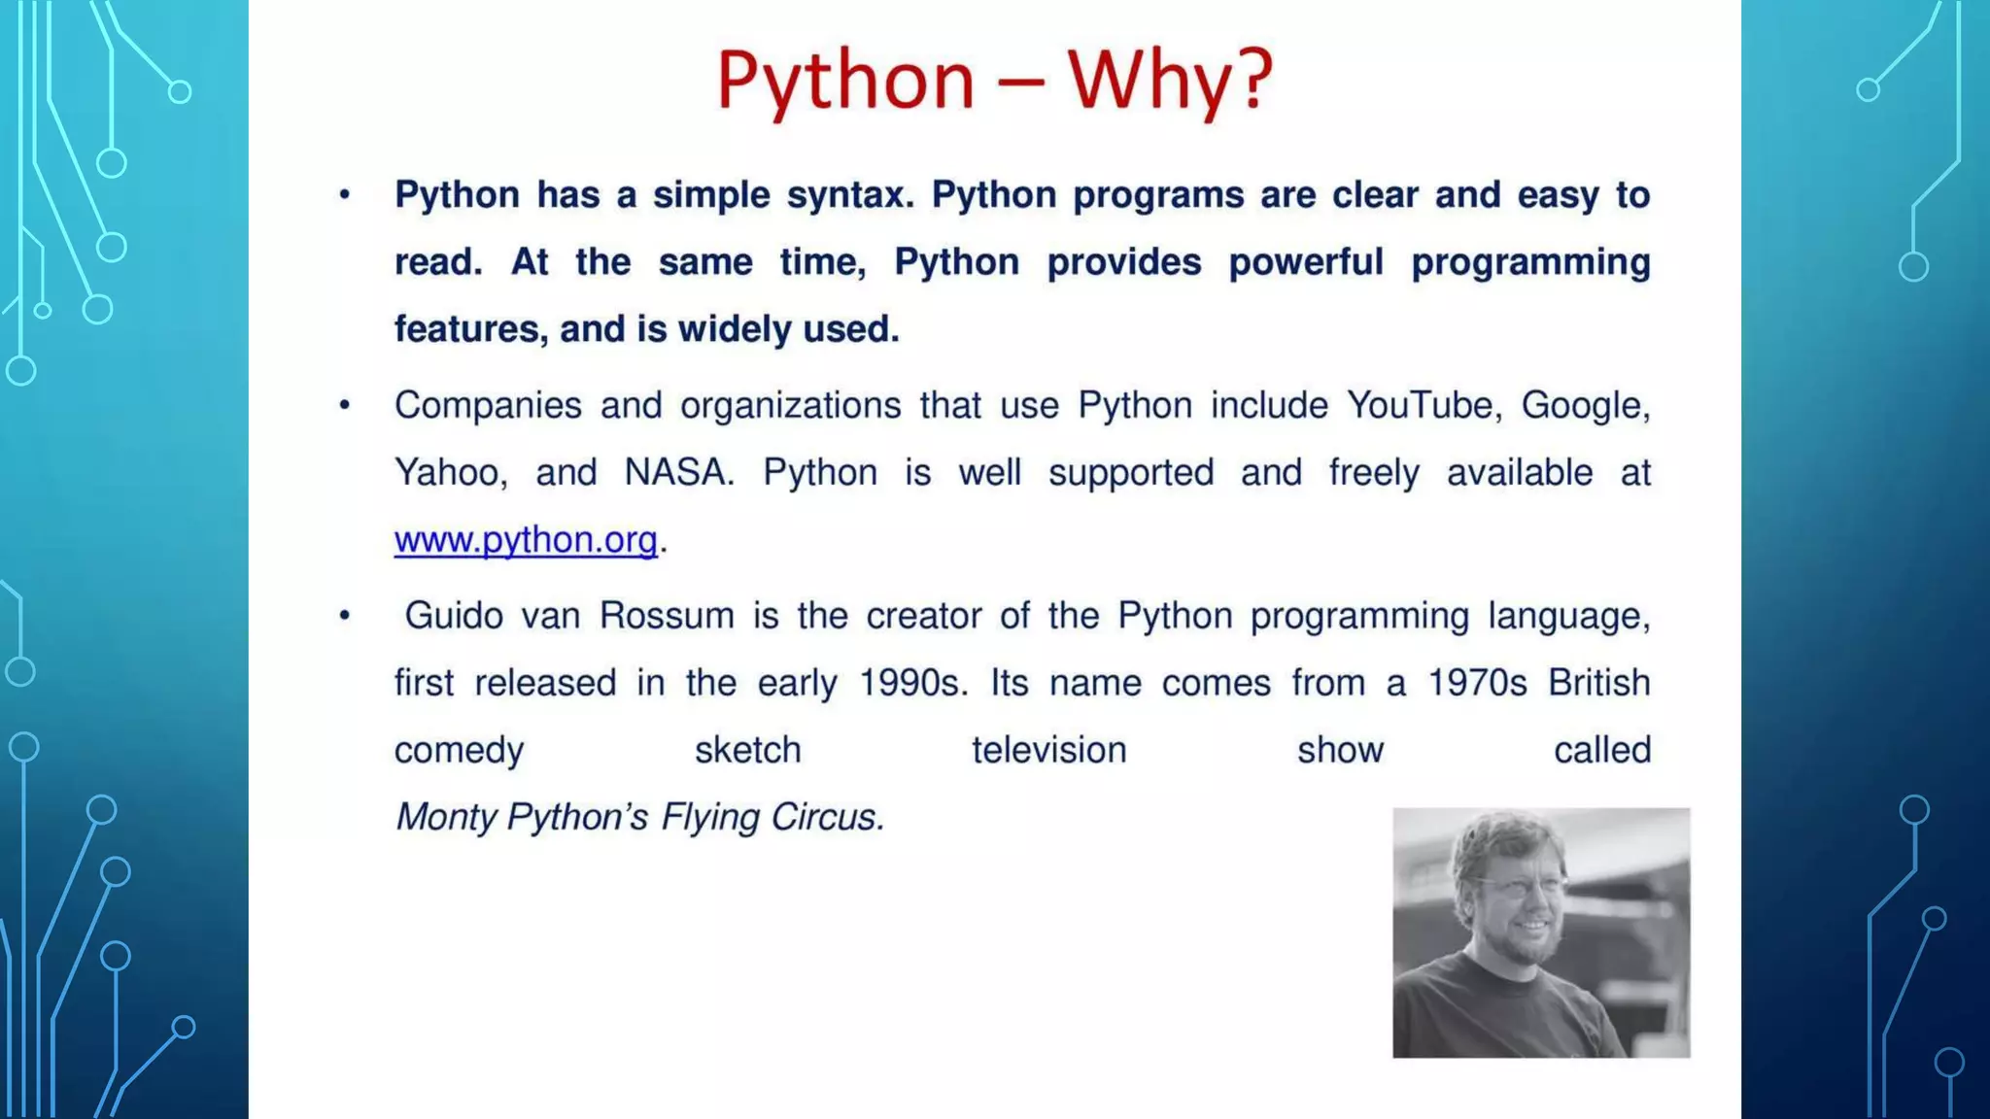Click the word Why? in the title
[1170, 80]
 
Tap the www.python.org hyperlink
[526, 540]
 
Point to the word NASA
[677, 473]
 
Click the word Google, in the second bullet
[1585, 406]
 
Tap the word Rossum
[667, 616]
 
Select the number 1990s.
[913, 683]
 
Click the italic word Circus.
[827, 817]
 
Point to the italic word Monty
[446, 817]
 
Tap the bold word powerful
[1305, 262]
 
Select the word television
[1048, 750]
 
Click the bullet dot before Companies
[344, 405]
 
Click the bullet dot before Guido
[344, 616]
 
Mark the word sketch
[747, 750]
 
